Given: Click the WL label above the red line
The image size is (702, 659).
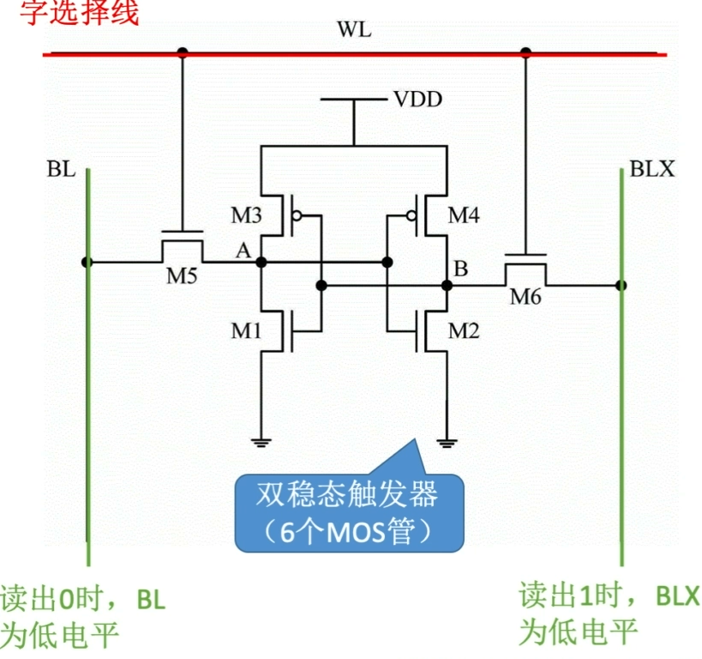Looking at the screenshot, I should click(353, 31).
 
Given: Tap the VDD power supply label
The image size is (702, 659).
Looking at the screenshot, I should click(417, 100).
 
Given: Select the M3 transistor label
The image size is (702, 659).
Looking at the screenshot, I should click(245, 214).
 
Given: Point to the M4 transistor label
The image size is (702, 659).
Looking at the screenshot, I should click(464, 215).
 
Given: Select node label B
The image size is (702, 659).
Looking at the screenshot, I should click(460, 269).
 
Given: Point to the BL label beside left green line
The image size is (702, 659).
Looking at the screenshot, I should click(61, 168).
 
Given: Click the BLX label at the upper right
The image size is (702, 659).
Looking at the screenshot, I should click(651, 168).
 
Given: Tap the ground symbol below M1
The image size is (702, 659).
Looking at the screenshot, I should click(261, 444).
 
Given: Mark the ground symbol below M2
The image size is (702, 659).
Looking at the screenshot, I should click(446, 444).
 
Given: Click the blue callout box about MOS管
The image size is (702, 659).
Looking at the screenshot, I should click(350, 512).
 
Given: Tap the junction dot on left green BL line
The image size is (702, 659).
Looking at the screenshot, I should click(87, 262).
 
